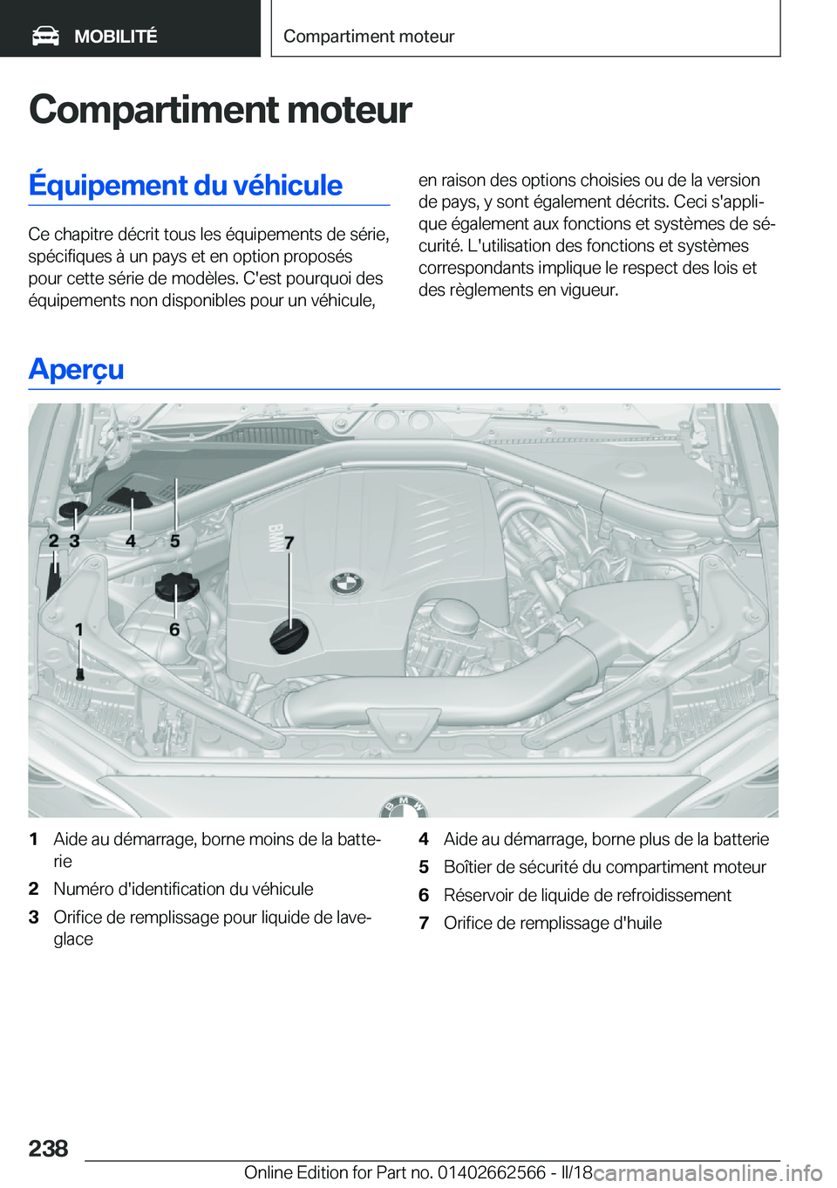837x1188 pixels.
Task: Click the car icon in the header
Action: (x=45, y=36)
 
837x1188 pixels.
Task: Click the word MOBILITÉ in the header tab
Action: (x=115, y=37)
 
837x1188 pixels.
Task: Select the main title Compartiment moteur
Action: (x=220, y=110)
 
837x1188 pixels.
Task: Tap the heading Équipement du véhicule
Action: (x=185, y=185)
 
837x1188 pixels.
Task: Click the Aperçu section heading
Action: (x=76, y=369)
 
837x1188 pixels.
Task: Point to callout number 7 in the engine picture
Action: (x=289, y=543)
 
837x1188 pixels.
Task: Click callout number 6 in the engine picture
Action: (x=174, y=629)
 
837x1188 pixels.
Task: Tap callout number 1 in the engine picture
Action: (x=79, y=629)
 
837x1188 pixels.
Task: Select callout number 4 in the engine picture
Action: (x=131, y=541)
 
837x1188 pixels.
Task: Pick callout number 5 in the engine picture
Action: (x=175, y=541)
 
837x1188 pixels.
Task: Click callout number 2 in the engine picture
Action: (x=53, y=541)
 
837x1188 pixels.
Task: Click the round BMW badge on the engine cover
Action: (x=346, y=584)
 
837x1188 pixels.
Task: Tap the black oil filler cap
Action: (x=289, y=635)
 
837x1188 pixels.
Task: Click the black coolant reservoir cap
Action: (x=177, y=586)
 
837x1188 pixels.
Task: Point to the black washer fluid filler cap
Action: (x=74, y=509)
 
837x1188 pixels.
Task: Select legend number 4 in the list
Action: (x=424, y=839)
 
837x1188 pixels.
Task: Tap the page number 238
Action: (x=48, y=1148)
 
